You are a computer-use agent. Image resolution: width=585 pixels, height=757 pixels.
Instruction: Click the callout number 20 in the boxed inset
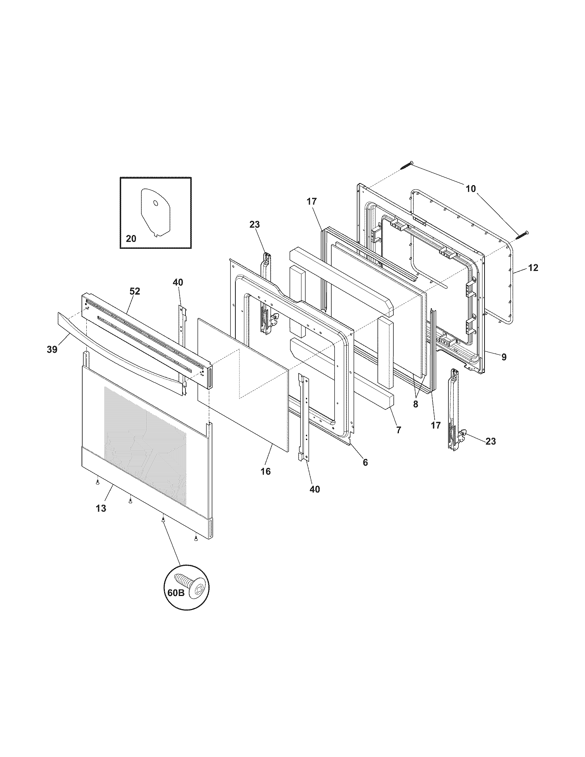(131, 239)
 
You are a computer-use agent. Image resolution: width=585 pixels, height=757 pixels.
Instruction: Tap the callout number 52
(135, 291)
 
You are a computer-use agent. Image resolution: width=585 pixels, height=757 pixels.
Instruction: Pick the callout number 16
(265, 471)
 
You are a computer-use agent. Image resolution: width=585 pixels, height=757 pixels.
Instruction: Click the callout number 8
(503, 357)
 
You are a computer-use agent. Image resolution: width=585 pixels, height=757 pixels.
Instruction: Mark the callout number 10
(471, 189)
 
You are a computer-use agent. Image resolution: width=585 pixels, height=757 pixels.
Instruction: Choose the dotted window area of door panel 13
(146, 447)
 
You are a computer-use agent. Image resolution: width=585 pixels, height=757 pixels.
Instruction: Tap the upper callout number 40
(178, 282)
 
